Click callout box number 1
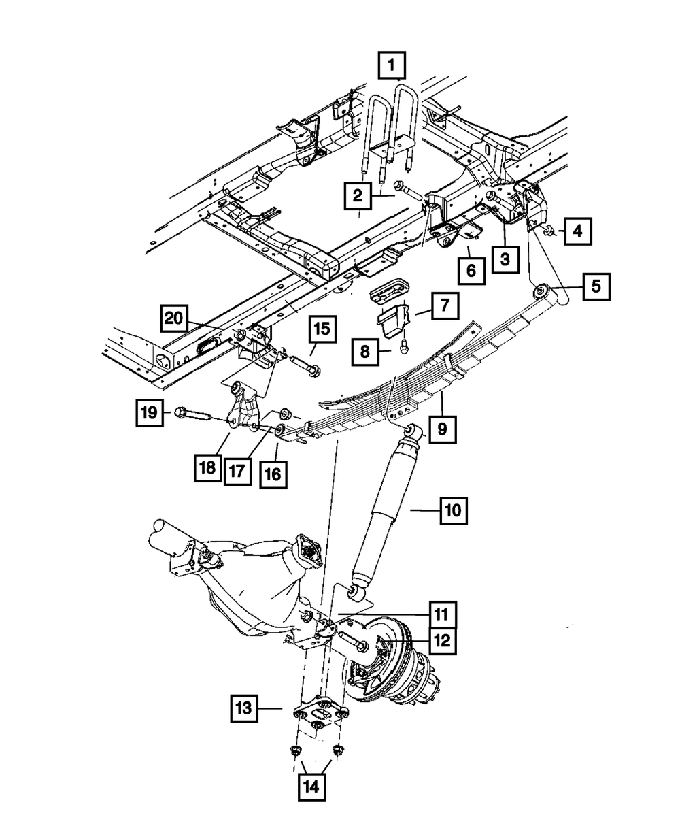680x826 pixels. (x=392, y=67)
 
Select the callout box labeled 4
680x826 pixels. (x=577, y=231)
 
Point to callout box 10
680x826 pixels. (x=454, y=509)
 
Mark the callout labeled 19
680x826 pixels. (x=149, y=412)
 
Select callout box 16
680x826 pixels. (x=273, y=474)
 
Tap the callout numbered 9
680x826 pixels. (x=442, y=429)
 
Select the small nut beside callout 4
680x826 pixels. (x=547, y=232)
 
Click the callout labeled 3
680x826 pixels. (x=506, y=259)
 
